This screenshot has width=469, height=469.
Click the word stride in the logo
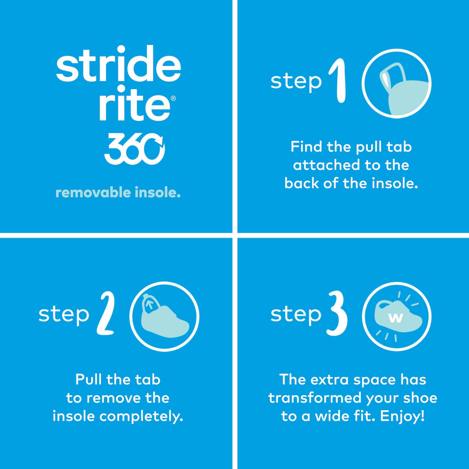[x=119, y=64]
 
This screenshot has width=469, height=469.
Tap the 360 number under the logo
[x=134, y=149]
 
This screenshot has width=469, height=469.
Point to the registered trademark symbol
[x=173, y=98]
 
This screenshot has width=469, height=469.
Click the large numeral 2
[x=106, y=314]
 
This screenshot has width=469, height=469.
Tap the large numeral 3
[x=337, y=314]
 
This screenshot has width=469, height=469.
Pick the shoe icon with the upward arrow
[x=165, y=317]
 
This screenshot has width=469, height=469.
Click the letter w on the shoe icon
[x=396, y=318]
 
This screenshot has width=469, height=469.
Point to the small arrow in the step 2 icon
[x=150, y=305]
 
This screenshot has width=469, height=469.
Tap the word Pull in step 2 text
[x=88, y=380]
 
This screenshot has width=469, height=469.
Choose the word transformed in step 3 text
[x=315, y=398]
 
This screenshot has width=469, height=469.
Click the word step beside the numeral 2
[x=64, y=315]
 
